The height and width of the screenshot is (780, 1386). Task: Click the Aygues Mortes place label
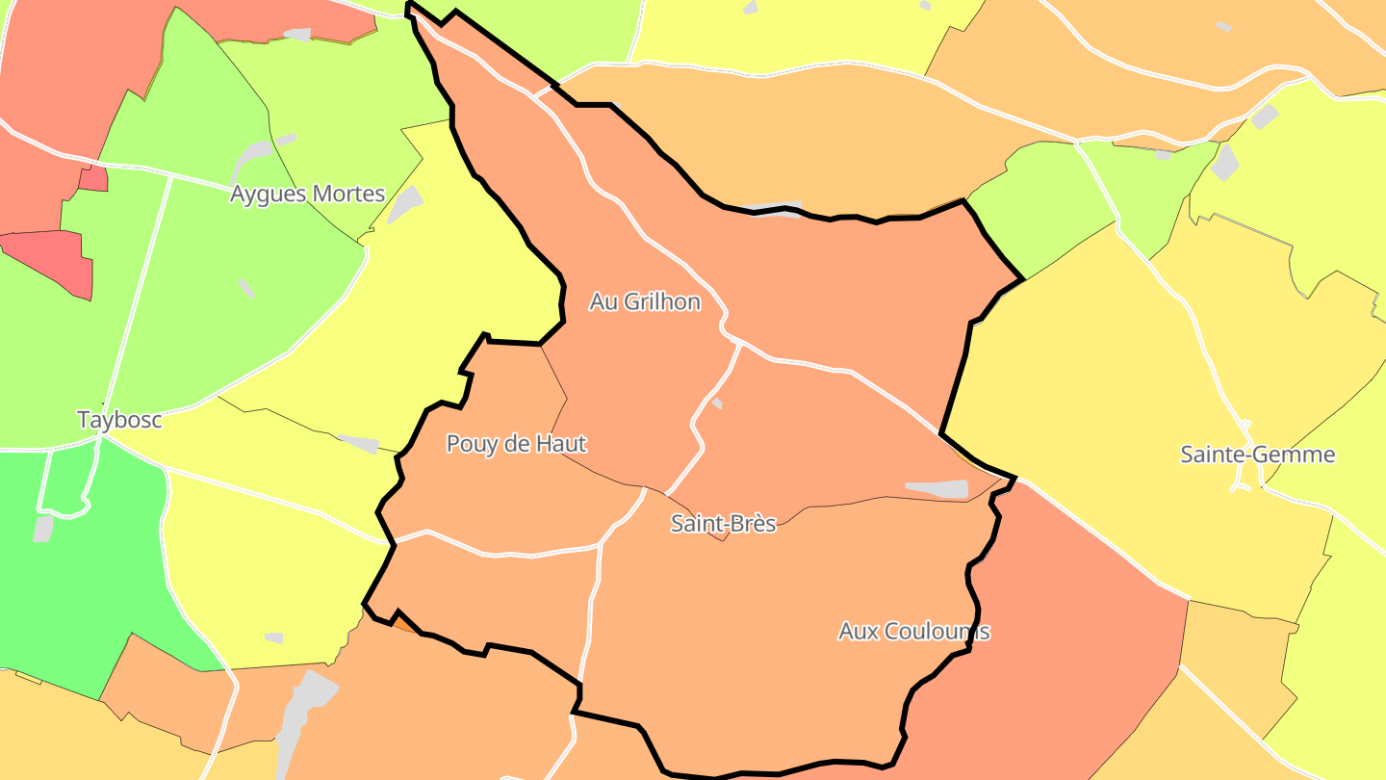click(307, 194)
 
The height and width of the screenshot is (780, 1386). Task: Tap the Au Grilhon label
click(644, 301)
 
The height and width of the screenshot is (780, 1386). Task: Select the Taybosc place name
click(119, 420)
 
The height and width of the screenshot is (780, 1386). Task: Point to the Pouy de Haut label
click(516, 444)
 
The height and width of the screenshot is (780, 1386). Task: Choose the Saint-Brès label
click(723, 524)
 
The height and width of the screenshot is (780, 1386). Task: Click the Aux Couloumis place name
click(913, 632)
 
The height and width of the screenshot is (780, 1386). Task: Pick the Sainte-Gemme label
click(1257, 455)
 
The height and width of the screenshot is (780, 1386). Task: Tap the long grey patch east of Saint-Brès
click(937, 489)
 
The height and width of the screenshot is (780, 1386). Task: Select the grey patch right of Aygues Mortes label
click(405, 205)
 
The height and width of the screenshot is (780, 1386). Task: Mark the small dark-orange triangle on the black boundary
click(404, 622)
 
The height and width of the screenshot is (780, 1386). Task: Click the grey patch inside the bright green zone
click(43, 528)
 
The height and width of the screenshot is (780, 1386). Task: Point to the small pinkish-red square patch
click(93, 178)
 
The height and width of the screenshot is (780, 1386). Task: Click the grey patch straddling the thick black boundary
click(775, 209)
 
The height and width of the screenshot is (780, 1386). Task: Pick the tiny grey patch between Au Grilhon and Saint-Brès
click(716, 403)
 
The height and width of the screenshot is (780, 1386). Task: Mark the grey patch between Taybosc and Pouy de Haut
click(361, 443)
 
